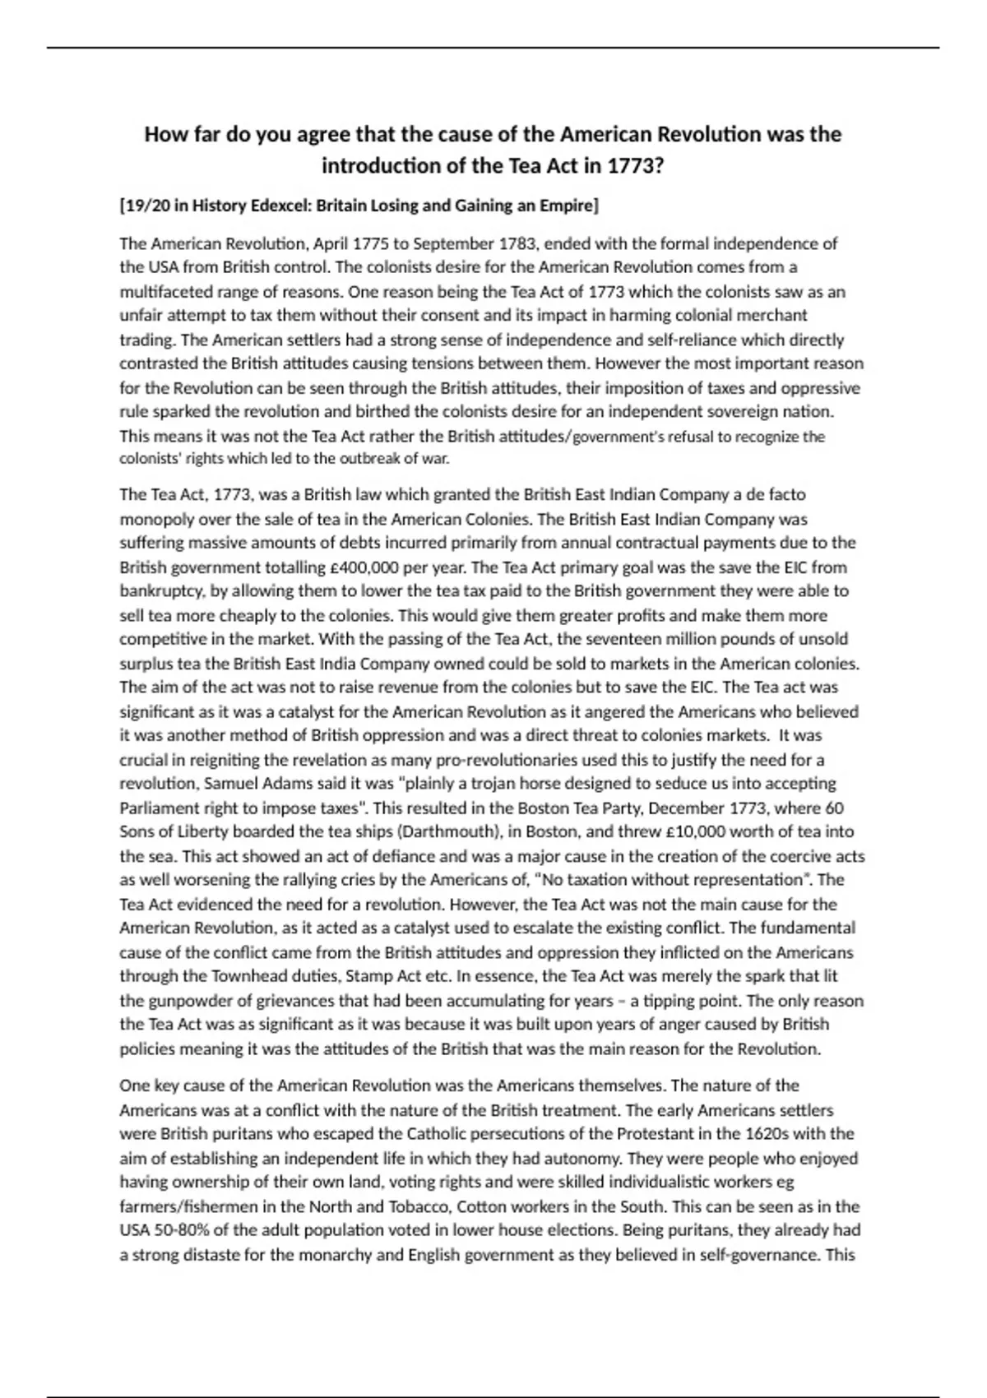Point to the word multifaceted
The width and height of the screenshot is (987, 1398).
(163, 292)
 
